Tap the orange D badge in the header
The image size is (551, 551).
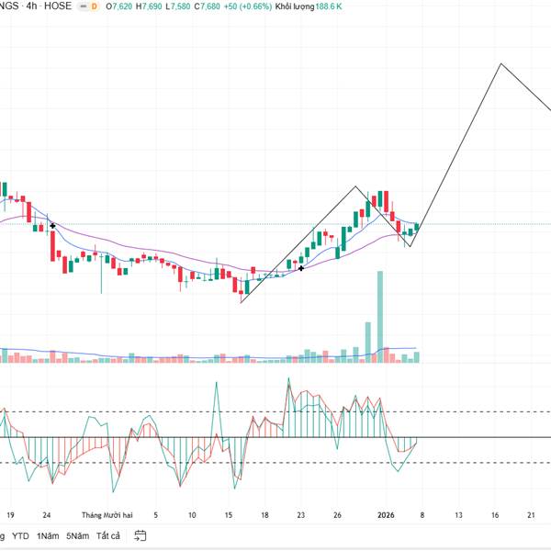(x=94, y=6)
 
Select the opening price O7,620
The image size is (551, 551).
(x=119, y=6)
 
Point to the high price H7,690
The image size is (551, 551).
(x=150, y=6)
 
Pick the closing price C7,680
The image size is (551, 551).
(x=209, y=6)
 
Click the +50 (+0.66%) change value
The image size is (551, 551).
(x=249, y=6)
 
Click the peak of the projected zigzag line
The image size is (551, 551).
(x=500, y=64)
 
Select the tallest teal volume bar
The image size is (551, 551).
(x=379, y=312)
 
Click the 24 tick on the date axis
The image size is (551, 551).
(x=47, y=515)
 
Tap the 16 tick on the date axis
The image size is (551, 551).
(x=229, y=515)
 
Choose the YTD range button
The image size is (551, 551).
(x=20, y=535)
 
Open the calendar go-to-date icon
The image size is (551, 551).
(x=141, y=535)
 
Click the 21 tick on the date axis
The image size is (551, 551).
(x=531, y=515)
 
